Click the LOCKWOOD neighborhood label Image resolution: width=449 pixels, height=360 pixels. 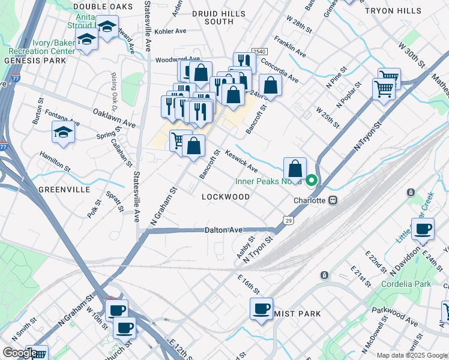click(x=226, y=197)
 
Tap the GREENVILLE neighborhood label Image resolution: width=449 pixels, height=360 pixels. click(x=64, y=190)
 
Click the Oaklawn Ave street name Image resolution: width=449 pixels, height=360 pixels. click(x=114, y=118)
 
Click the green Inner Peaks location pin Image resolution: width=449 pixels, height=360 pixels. click(x=312, y=179)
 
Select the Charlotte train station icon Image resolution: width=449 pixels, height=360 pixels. click(x=331, y=200)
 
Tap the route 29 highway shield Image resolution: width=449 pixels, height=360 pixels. click(x=289, y=221)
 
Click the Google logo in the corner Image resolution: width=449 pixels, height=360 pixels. click(x=19, y=352)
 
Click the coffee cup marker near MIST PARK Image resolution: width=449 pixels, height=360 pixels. click(x=261, y=308)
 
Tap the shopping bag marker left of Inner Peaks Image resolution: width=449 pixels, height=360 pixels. click(x=295, y=168)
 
